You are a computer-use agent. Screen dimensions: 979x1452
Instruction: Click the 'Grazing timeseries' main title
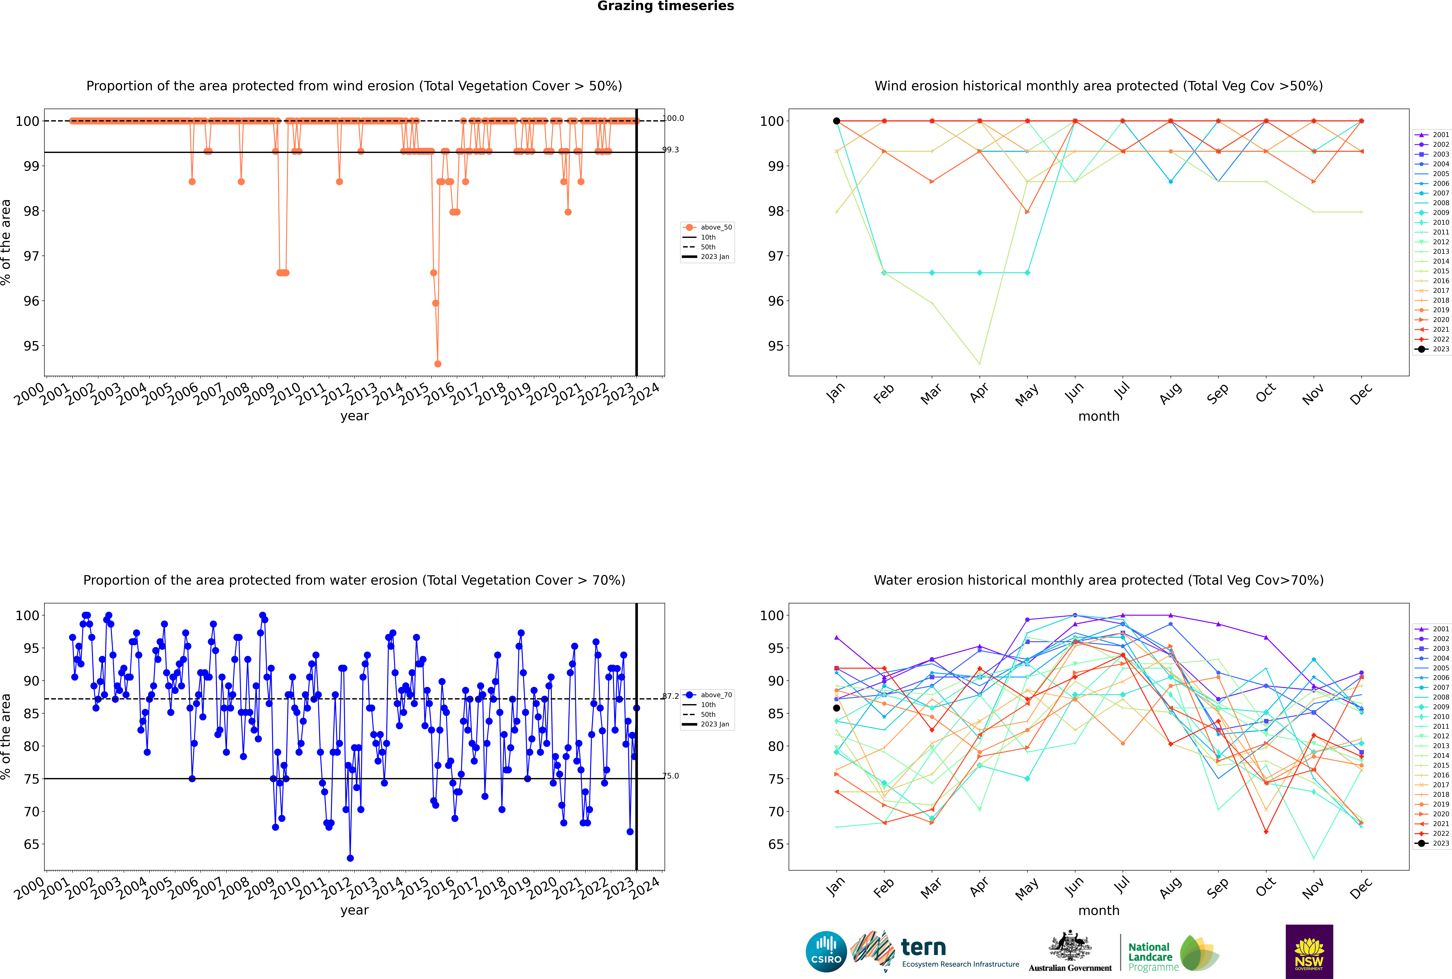[666, 6]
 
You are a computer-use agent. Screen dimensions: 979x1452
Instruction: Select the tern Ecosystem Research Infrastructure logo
[934, 952]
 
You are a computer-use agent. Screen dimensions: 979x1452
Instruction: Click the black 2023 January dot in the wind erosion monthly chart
[837, 121]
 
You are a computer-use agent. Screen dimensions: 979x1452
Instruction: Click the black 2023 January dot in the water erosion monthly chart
[837, 708]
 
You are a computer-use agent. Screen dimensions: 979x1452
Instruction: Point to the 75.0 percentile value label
[670, 776]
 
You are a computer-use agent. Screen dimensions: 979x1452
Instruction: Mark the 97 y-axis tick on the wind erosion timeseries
[31, 256]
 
